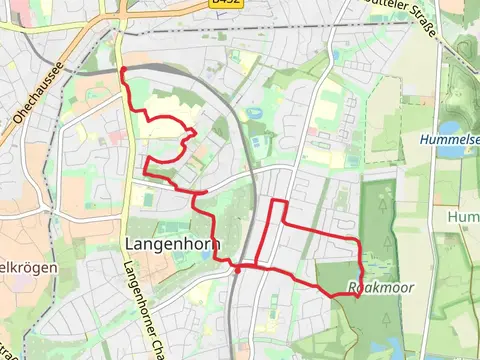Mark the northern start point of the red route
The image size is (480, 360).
123,69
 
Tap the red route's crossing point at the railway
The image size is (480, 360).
237,268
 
